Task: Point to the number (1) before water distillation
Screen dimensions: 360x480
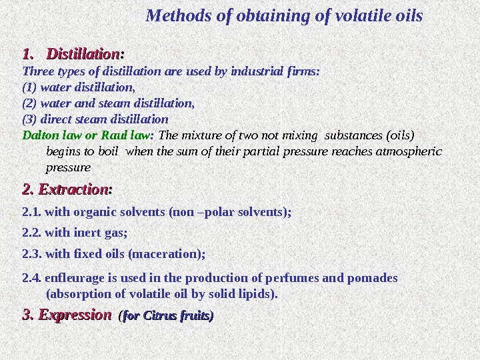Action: (30, 87)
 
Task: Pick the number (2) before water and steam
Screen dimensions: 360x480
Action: (30, 103)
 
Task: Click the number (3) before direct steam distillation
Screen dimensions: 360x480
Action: (30, 120)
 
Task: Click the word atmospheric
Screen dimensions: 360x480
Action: (413, 151)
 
